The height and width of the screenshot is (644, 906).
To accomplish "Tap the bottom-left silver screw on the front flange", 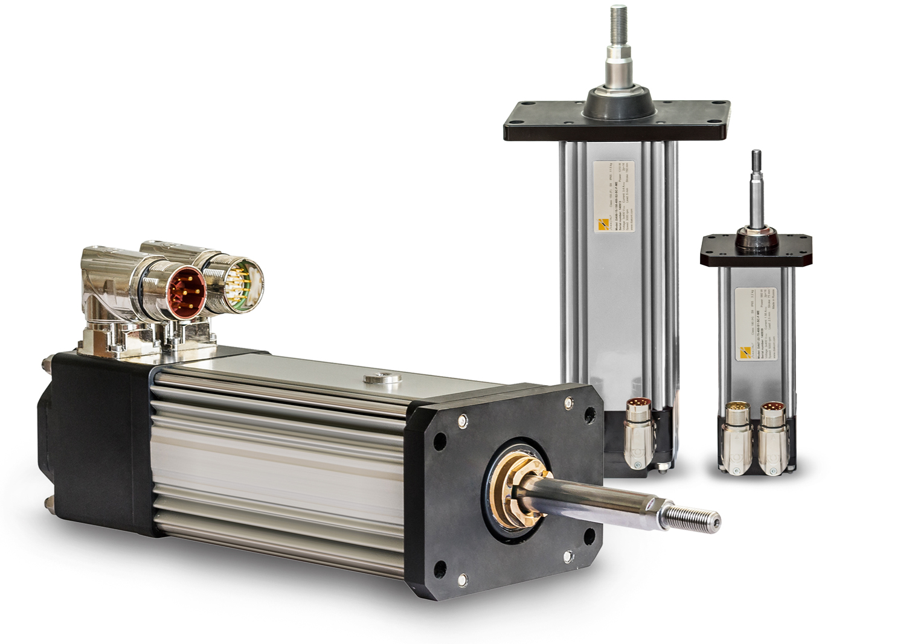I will [x=463, y=579].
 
